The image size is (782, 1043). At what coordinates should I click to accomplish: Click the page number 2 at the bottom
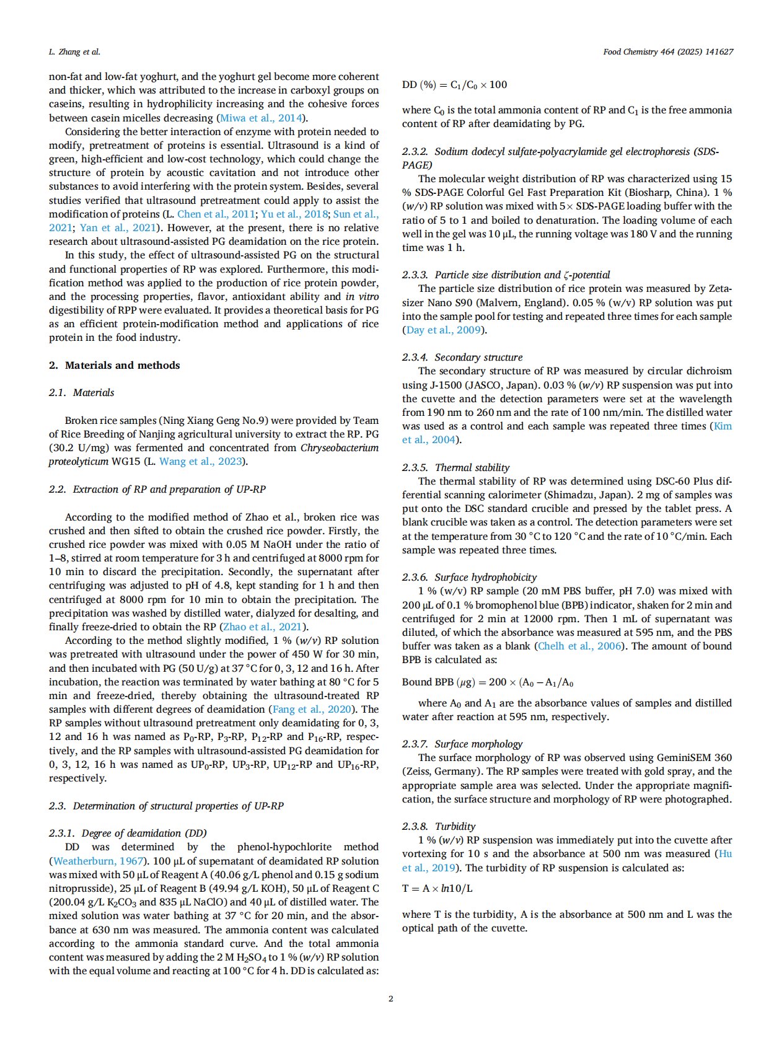tap(390, 998)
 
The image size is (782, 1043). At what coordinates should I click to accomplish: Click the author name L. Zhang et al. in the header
tap(74, 52)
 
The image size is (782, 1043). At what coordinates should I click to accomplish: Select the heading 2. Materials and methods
tap(115, 365)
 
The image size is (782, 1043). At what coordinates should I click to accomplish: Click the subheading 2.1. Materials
tap(82, 393)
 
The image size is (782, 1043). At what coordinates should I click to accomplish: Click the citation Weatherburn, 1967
tap(99, 861)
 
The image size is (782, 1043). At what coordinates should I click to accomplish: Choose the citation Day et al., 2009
tap(444, 330)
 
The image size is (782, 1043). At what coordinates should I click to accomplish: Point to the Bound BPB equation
tap(487, 682)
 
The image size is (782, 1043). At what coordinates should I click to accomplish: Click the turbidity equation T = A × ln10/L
tap(437, 888)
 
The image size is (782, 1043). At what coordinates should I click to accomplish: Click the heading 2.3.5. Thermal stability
tap(456, 467)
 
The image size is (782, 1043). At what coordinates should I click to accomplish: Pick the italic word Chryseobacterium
tap(340, 447)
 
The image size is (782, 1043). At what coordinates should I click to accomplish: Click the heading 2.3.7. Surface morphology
tap(462, 744)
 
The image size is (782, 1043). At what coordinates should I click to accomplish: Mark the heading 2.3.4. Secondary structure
tap(462, 357)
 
